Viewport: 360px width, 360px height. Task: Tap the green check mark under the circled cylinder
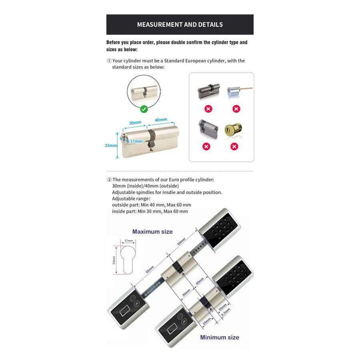[143, 109]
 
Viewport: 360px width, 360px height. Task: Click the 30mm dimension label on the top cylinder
[134, 122]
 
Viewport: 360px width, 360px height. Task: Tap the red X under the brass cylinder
[236, 146]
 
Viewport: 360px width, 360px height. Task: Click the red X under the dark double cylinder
[207, 109]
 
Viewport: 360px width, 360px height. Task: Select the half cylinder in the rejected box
[206, 128]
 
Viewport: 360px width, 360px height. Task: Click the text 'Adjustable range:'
[132, 199]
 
